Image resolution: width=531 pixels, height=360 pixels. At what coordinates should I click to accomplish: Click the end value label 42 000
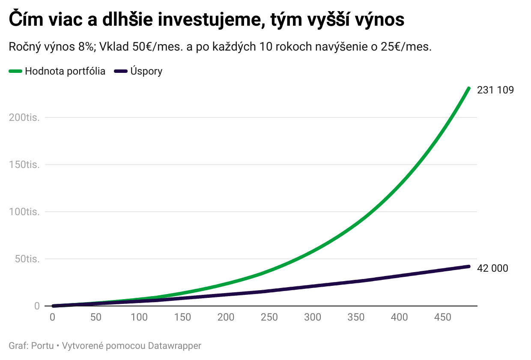coord(492,268)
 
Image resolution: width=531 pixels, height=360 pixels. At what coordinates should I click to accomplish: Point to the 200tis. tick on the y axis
coord(24,117)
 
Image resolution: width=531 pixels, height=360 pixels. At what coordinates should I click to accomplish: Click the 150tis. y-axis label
coord(24,165)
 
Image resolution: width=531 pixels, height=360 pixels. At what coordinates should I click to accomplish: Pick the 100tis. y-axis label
coord(24,212)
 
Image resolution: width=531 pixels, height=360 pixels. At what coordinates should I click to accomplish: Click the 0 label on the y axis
coord(37,306)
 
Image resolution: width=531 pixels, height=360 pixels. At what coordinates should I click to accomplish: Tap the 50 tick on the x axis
coord(96,318)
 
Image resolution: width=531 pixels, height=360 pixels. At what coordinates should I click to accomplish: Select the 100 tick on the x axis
coord(139,318)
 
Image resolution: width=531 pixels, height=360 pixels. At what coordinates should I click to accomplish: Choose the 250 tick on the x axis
coord(269,318)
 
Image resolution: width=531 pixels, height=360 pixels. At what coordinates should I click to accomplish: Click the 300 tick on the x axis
coord(313,318)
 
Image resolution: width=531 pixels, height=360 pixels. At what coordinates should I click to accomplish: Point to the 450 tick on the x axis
coord(443,318)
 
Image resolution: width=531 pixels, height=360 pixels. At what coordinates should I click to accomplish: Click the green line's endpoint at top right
coord(468,89)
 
